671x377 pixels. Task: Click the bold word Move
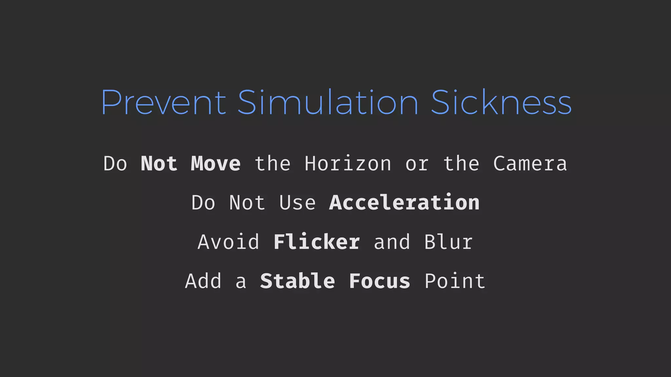pos(216,164)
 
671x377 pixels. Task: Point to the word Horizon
pos(348,164)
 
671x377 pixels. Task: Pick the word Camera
pos(530,164)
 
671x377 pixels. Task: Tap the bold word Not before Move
pos(159,164)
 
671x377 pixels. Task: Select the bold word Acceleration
pos(404,203)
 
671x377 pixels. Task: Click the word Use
pos(297,203)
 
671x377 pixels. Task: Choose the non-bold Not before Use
pos(247,203)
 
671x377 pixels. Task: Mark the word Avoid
pos(228,242)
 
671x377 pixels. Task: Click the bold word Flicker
pos(317,242)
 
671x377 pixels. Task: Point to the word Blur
pos(449,242)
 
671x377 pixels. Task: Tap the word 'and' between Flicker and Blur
pos(392,242)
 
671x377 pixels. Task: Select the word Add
pos(203,281)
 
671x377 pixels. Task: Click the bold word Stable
pos(297,281)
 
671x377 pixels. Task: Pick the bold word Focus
pos(379,281)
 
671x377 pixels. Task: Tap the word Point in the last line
pos(455,281)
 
